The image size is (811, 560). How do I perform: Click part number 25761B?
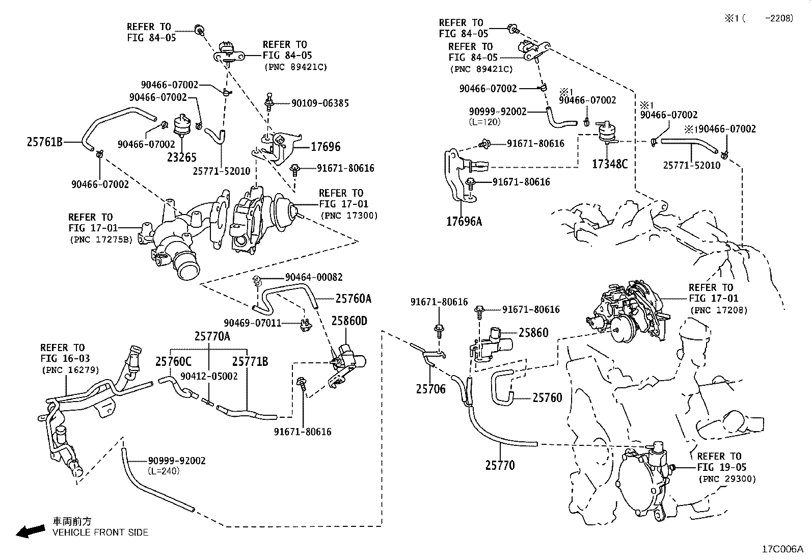[x=44, y=142]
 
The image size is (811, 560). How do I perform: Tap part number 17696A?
[x=464, y=221]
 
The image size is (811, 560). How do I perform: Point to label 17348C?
[x=610, y=164]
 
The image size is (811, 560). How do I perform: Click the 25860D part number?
[x=349, y=321]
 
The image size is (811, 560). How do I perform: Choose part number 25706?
[x=430, y=389]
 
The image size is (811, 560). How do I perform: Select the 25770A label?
[x=212, y=336]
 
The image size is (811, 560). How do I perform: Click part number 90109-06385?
[x=320, y=103]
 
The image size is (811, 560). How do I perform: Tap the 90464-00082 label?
[x=314, y=277]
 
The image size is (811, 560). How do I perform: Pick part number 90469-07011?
[x=253, y=323]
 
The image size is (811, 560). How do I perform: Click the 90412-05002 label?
[x=209, y=376]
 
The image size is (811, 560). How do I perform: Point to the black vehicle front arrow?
[x=30, y=531]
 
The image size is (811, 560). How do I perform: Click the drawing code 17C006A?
[x=782, y=549]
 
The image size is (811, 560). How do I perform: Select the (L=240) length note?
[x=164, y=472]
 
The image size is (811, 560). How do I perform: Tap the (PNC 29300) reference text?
[x=727, y=479]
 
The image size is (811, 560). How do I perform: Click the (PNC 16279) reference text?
[x=70, y=370]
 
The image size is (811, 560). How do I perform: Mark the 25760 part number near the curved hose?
[x=547, y=397]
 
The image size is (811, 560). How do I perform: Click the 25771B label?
[x=250, y=362]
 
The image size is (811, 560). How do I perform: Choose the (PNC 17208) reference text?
[x=718, y=310]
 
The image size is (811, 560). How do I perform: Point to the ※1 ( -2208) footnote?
[x=759, y=18]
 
